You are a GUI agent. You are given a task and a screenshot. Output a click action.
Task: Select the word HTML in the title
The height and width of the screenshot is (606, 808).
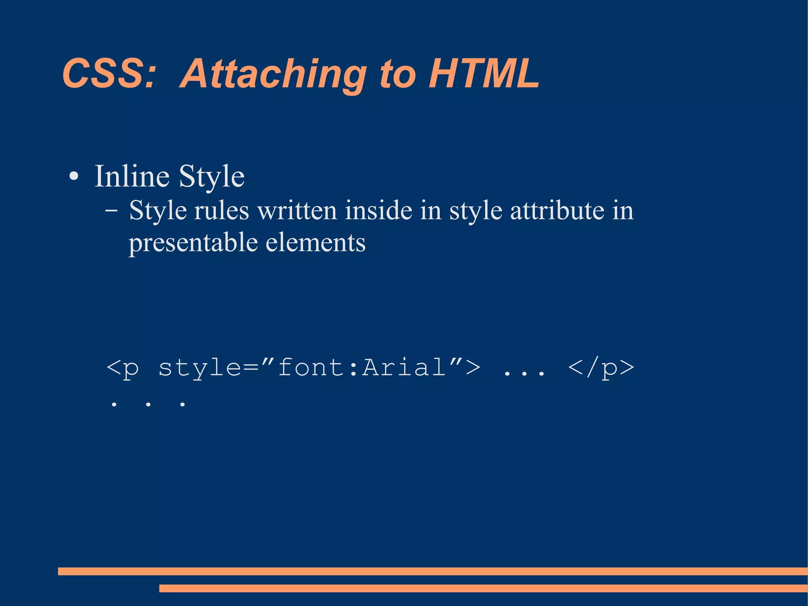(x=484, y=73)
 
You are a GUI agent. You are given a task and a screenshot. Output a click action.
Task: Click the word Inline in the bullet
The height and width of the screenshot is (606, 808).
(x=132, y=176)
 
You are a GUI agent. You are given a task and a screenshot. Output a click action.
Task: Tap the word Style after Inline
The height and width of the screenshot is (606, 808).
(x=211, y=177)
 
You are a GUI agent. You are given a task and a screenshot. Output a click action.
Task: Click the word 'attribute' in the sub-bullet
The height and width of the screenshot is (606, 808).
(x=557, y=210)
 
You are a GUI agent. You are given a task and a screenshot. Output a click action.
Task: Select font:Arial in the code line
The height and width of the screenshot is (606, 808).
(x=362, y=367)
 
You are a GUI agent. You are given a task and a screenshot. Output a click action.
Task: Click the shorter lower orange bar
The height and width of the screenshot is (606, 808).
(x=483, y=588)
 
